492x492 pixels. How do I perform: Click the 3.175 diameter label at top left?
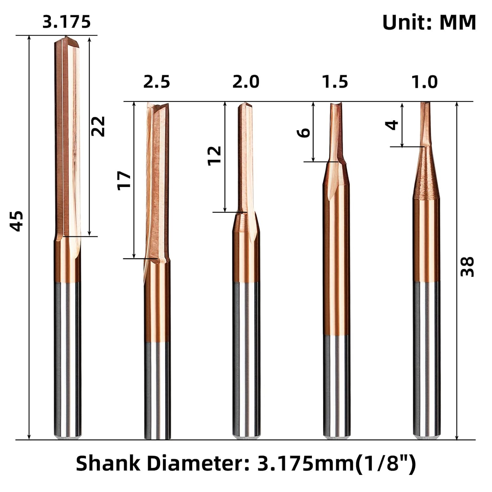[x=67, y=22]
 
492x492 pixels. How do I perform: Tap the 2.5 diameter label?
[x=156, y=82]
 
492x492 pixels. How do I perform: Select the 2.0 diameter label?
[x=246, y=82]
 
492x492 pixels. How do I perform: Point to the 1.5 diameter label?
[x=335, y=82]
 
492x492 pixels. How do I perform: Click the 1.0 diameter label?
[x=425, y=82]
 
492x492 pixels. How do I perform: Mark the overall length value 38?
[x=467, y=267]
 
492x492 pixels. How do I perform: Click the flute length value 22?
[x=98, y=126]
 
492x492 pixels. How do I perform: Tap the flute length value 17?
[x=124, y=180]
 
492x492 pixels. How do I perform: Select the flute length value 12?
[x=215, y=155]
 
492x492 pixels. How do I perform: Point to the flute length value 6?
[x=304, y=133]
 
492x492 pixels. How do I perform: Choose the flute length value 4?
[x=392, y=125]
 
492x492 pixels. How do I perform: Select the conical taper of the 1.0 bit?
[x=426, y=174]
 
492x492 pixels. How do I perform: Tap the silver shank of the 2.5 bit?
[x=157, y=390]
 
